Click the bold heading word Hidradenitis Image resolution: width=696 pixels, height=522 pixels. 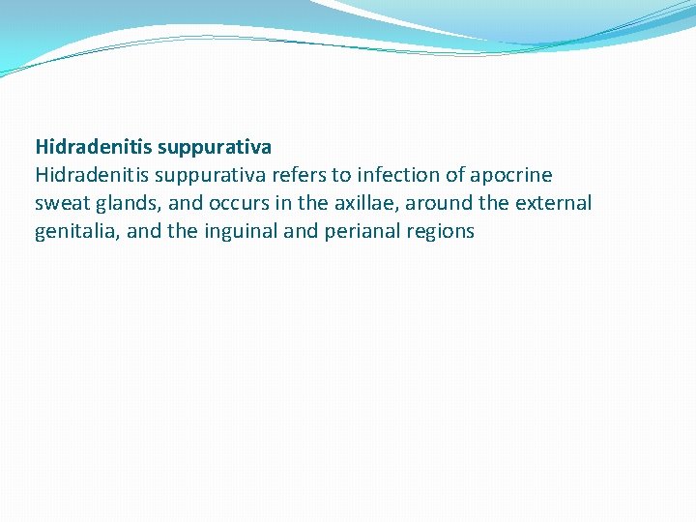(93, 147)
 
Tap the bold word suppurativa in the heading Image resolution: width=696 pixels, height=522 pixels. (214, 147)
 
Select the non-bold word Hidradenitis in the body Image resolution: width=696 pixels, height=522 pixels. (93, 175)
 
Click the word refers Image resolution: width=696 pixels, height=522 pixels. (306, 175)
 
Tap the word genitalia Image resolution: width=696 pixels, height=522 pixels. (75, 231)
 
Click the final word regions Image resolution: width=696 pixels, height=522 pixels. (440, 231)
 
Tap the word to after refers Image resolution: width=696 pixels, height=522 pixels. (346, 175)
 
